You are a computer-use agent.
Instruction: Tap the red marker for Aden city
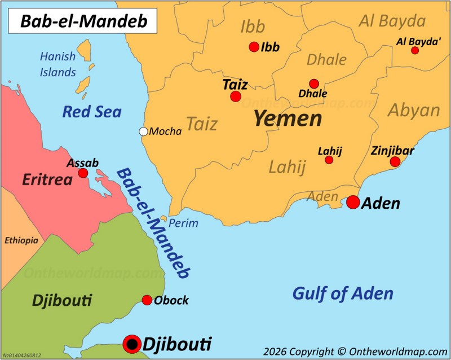353,202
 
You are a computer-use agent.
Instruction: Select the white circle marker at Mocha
144,131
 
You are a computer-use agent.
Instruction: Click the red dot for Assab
83,173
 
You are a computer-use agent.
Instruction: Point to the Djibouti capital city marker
132,343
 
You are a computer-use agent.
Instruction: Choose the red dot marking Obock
147,300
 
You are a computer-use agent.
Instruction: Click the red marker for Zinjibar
395,162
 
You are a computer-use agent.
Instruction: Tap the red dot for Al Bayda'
415,50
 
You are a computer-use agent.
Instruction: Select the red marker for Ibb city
254,47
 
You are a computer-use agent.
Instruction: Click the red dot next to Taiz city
236,96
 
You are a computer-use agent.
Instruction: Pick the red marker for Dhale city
314,84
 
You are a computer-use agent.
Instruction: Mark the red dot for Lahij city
329,160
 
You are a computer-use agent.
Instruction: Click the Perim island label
184,223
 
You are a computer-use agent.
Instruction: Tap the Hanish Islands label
58,64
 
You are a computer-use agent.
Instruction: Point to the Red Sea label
92,112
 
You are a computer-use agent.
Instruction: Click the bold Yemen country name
288,118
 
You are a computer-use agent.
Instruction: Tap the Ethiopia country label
21,240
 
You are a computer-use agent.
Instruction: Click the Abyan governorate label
414,110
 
